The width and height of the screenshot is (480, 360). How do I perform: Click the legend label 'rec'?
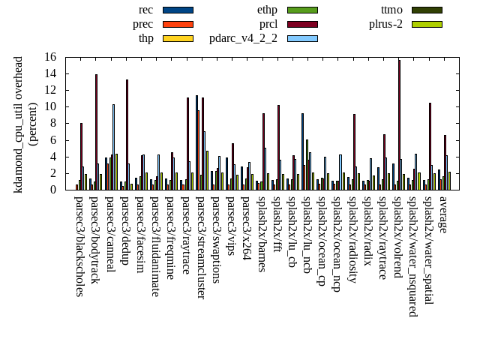pyautogui.click(x=146, y=10)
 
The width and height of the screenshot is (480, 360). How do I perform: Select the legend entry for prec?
pyautogui.click(x=143, y=24)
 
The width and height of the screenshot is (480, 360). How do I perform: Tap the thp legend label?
pyautogui.click(x=145, y=38)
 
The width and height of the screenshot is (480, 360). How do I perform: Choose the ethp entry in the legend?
pyautogui.click(x=268, y=10)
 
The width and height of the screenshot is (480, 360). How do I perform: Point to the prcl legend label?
pyautogui.click(x=268, y=24)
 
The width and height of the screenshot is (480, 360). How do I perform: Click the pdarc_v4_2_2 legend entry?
pyautogui.click(x=243, y=38)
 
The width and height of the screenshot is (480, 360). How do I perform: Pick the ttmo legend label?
pyautogui.click(x=391, y=10)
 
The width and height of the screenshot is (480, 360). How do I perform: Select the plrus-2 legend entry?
pyautogui.click(x=385, y=24)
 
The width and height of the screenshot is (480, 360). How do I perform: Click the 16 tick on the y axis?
pyautogui.click(x=50, y=57)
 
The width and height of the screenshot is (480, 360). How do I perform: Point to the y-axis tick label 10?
pyautogui.click(x=50, y=106)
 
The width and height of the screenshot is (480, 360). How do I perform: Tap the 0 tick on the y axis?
pyautogui.click(x=54, y=190)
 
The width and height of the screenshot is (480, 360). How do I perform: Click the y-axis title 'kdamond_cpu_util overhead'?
pyautogui.click(x=19, y=124)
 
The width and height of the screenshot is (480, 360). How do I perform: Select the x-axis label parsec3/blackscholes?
pyautogui.click(x=79, y=246)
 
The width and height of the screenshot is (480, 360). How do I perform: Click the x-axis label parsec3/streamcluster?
pyautogui.click(x=200, y=247)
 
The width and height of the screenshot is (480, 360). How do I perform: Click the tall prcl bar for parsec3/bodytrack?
pyautogui.click(x=96, y=132)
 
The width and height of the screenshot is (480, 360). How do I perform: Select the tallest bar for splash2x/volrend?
pyautogui.click(x=399, y=124)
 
